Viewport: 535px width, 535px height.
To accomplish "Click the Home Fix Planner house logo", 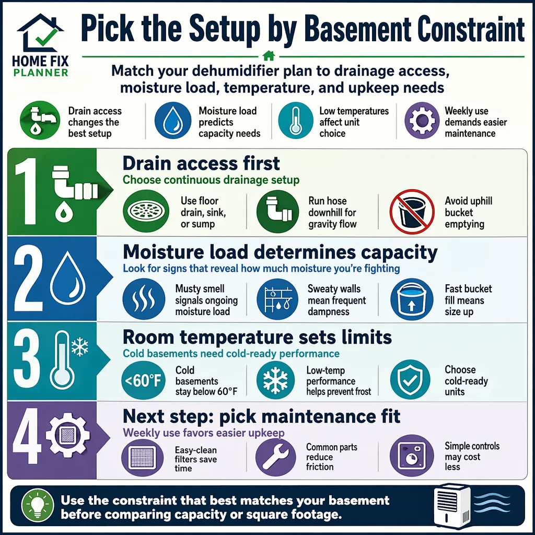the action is [x=40, y=33].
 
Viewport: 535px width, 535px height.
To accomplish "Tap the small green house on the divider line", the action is [x=269, y=55].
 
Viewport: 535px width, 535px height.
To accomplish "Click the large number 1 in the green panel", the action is [x=27, y=191].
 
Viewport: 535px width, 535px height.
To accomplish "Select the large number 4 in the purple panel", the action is [x=25, y=436].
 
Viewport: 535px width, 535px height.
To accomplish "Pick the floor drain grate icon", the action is [x=146, y=211].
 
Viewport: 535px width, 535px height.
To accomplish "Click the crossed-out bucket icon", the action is [x=412, y=211].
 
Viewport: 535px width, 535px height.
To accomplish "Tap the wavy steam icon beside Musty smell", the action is [x=144, y=299].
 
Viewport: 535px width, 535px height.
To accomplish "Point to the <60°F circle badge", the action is [x=143, y=380].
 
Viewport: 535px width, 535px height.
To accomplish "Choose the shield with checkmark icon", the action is [x=411, y=379].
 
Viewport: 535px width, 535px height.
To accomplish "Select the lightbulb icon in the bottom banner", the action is [x=38, y=506].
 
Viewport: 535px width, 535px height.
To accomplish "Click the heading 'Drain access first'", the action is [x=201, y=163].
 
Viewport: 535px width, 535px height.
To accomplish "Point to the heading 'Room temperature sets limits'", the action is [x=257, y=337].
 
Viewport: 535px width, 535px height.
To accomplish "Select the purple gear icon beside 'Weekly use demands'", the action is [x=422, y=121].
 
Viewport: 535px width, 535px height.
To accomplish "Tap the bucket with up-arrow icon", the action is [x=412, y=299].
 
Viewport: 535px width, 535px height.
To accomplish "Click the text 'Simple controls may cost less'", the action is [x=472, y=456].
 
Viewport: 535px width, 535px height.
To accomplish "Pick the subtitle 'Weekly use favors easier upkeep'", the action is [x=204, y=433].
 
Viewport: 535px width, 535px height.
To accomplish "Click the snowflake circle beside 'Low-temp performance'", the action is [x=275, y=380].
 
